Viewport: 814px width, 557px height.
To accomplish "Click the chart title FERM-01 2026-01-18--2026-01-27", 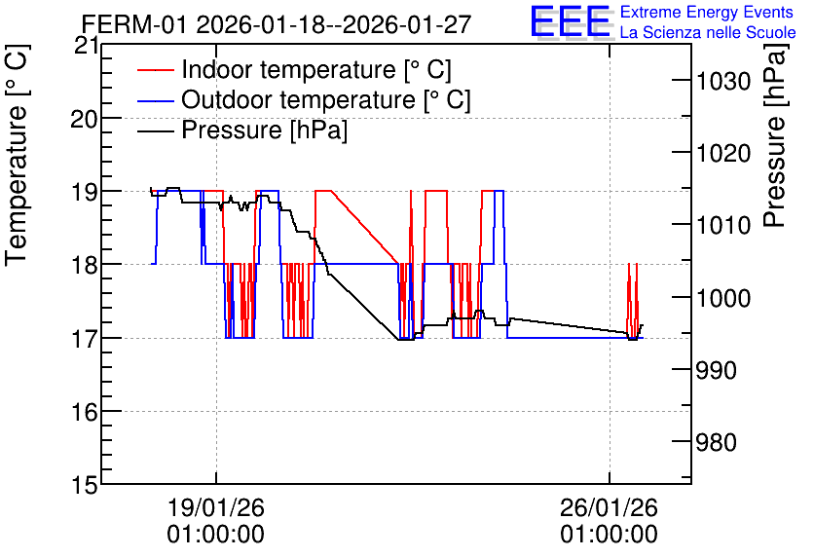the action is tap(277, 24).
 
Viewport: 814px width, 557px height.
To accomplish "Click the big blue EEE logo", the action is tap(570, 21).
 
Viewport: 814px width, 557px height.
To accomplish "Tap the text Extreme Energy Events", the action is tap(707, 12).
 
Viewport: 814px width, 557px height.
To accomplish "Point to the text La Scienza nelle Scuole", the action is tap(708, 32).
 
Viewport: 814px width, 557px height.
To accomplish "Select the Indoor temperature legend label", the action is tap(316, 69).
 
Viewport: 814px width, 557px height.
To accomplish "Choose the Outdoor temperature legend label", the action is tap(326, 99).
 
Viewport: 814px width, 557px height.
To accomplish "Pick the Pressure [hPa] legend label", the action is tap(264, 130).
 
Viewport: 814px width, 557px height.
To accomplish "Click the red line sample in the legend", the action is tap(156, 70).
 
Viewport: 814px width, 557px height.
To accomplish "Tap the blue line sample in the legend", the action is tap(156, 100).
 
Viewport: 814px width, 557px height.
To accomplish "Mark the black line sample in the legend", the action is tap(156, 130).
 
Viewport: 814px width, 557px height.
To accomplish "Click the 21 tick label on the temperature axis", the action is tap(86, 46).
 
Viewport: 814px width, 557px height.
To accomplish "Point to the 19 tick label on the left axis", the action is tap(84, 192).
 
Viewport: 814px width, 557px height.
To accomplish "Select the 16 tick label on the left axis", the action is tap(84, 412).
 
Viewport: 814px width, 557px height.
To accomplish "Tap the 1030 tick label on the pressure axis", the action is tap(723, 81).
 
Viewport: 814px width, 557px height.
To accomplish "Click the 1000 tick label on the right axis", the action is tap(723, 298).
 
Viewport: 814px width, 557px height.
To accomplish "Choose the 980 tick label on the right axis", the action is tap(717, 443).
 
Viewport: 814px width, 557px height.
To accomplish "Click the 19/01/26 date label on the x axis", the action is tap(216, 507).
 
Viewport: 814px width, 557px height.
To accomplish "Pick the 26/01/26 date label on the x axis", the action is tap(609, 507).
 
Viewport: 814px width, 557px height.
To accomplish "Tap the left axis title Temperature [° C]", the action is tap(17, 155).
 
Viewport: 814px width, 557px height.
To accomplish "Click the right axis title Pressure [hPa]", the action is tap(775, 134).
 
